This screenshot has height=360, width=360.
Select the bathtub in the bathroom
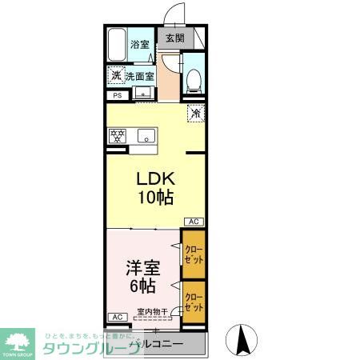pos(116,45)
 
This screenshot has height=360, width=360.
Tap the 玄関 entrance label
pos(174,38)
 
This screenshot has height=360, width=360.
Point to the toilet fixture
pos(192,78)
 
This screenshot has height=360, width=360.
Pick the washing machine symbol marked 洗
pos(117,76)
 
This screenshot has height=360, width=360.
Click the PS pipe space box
pos(117,97)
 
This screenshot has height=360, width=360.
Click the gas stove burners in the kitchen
pos(118,135)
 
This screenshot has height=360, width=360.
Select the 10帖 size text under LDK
pos(154,198)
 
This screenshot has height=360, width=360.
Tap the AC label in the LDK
pos(194,222)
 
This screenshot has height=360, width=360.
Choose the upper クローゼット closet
pos(193,254)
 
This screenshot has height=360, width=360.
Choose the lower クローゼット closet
pos(193,302)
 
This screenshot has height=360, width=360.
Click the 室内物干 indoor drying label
pos(151,312)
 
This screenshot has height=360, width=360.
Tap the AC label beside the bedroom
pos(117,318)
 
